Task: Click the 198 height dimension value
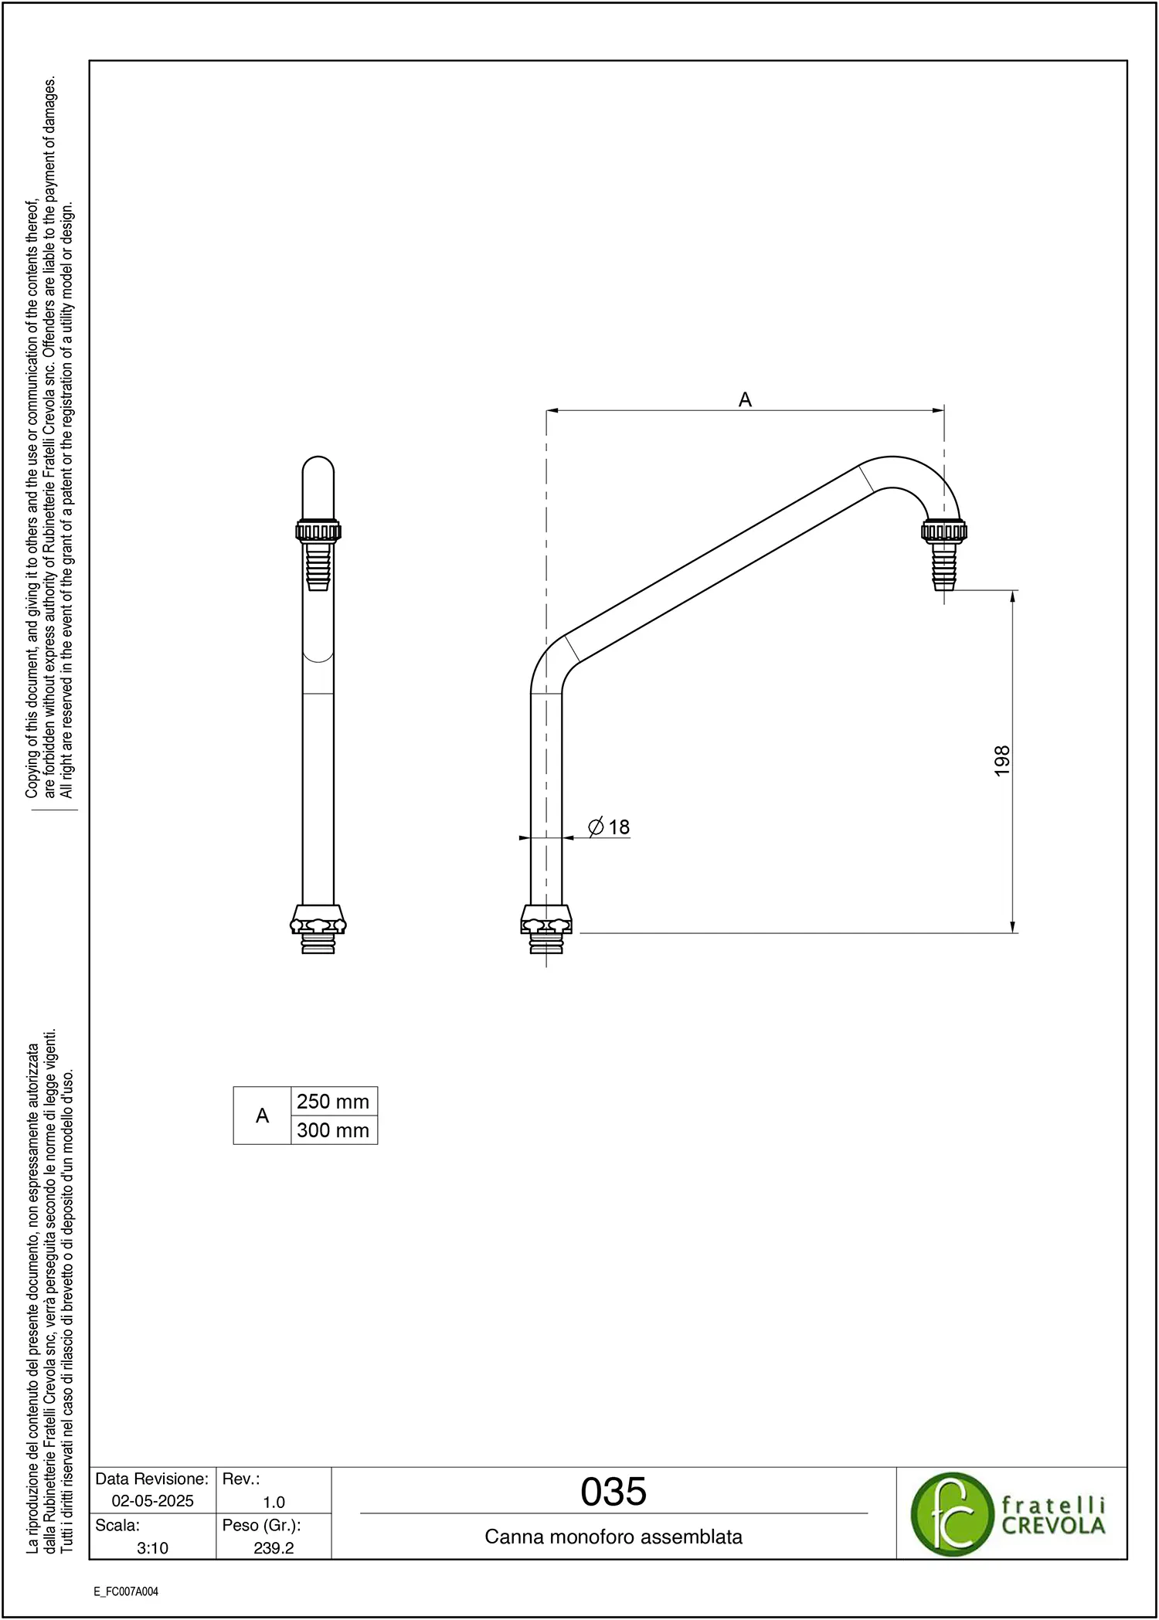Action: tap(1002, 761)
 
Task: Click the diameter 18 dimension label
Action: tap(609, 827)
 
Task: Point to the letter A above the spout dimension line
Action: tap(745, 399)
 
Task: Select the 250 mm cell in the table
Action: tap(334, 1102)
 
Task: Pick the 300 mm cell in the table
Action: tap(334, 1130)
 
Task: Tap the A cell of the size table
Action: tap(263, 1116)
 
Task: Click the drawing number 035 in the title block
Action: tap(613, 1492)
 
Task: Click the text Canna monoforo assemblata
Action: tap(613, 1537)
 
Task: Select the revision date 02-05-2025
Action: tap(153, 1501)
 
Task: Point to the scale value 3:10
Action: tap(153, 1548)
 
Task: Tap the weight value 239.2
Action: tap(274, 1548)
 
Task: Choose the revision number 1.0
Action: tap(274, 1503)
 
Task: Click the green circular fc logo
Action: tap(952, 1514)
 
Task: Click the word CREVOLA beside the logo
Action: tap(1053, 1526)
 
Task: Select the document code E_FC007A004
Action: tap(126, 1591)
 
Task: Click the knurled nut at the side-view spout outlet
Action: tap(944, 531)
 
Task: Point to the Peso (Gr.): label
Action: tap(261, 1526)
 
